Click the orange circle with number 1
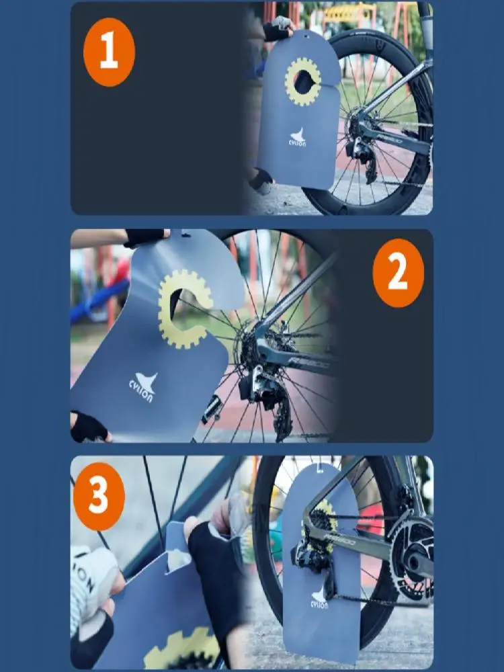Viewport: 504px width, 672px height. tap(109, 52)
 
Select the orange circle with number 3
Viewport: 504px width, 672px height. tap(99, 497)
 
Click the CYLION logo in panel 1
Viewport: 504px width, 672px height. tap(298, 137)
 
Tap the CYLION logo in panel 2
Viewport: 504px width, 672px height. tap(142, 386)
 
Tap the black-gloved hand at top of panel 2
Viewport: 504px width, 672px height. tap(144, 237)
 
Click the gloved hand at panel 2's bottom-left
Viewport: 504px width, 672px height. tap(89, 426)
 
